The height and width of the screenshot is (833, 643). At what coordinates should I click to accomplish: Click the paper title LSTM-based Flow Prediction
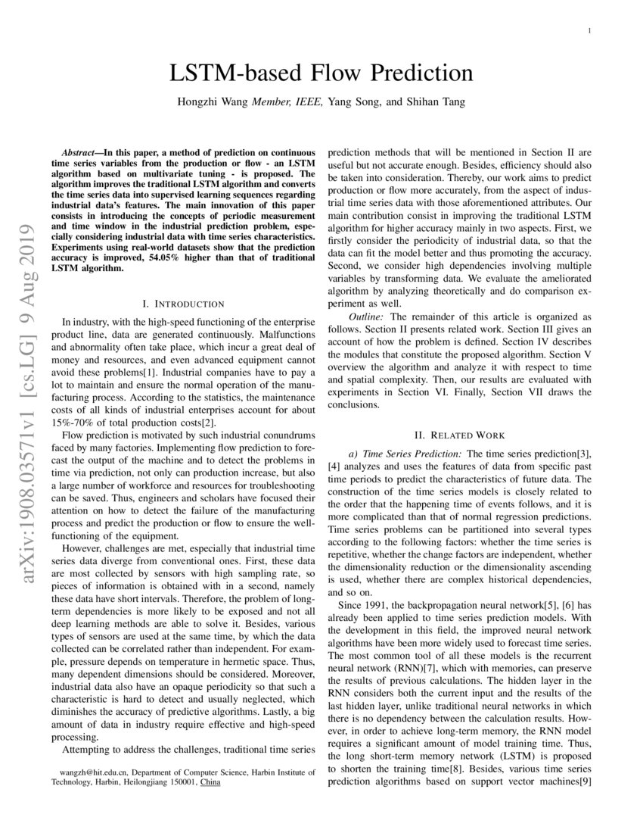pos(321,73)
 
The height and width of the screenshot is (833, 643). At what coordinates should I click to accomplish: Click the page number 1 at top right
pos(589,30)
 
